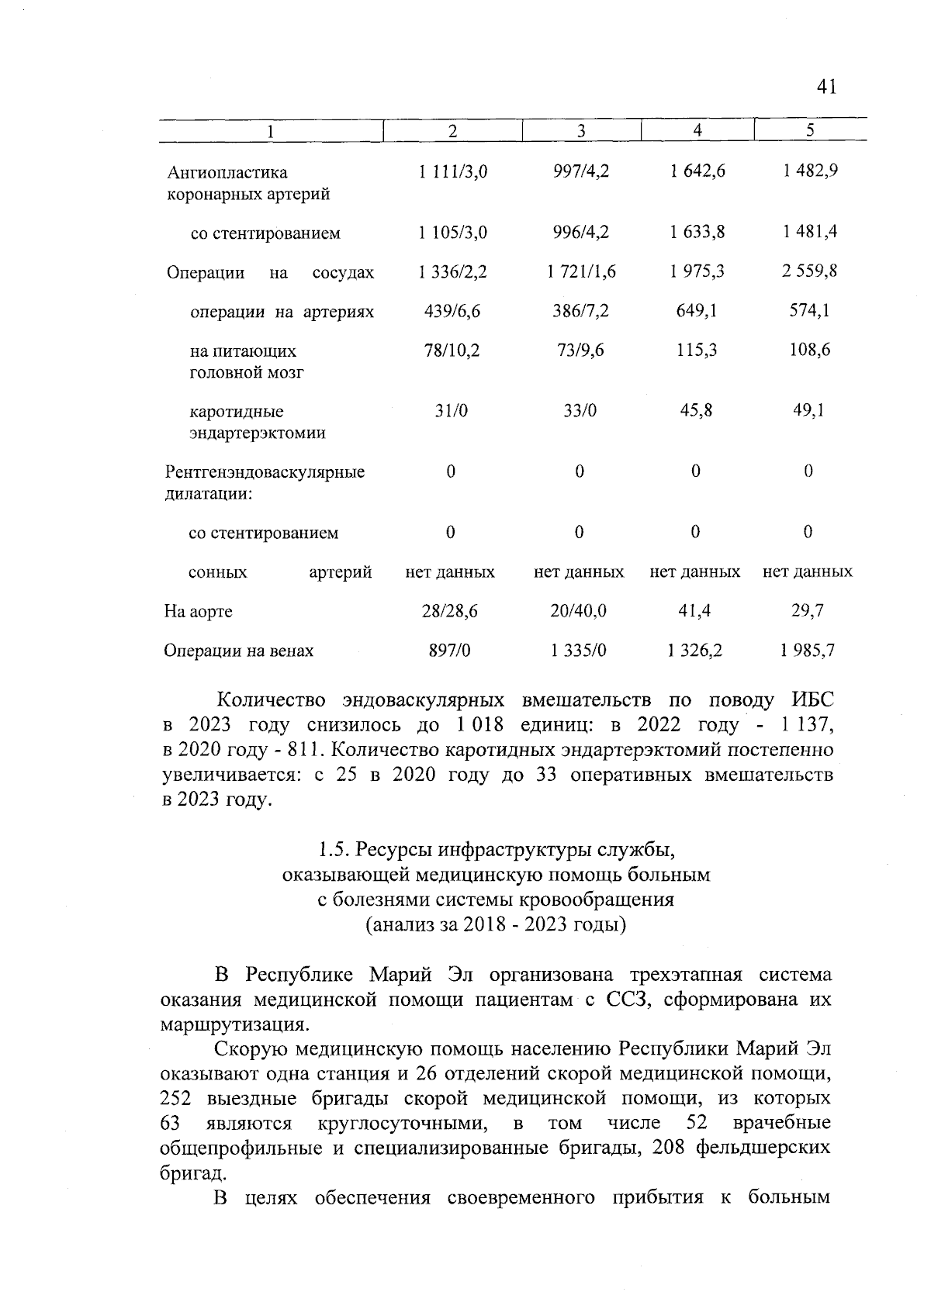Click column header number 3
(580, 131)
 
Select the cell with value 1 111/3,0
(452, 172)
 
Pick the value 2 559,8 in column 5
(809, 271)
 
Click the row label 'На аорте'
(198, 612)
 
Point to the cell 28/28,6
(450, 611)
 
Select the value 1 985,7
(808, 651)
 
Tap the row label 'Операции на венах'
(238, 651)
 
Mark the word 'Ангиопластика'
(227, 172)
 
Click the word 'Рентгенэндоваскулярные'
(265, 472)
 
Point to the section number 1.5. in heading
(335, 850)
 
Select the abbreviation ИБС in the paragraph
(812, 700)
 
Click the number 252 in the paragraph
(175, 1099)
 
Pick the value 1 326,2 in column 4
(694, 651)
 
